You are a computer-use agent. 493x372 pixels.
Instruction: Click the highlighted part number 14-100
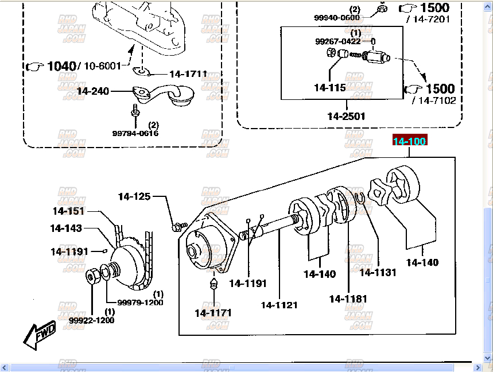point(409,141)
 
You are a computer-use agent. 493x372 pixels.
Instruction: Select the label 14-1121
point(279,305)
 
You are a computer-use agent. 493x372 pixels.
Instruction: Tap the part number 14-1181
point(348,299)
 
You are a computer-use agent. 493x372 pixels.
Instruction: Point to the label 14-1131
point(378,273)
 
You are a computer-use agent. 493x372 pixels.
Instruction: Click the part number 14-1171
point(213,313)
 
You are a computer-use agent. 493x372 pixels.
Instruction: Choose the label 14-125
point(134,197)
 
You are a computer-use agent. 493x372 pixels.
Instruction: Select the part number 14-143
point(66,228)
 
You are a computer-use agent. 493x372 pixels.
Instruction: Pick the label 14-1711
point(188,75)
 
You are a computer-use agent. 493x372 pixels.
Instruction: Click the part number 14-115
point(329,88)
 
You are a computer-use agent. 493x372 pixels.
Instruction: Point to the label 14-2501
point(346,116)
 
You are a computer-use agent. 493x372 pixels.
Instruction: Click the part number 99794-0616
point(135,133)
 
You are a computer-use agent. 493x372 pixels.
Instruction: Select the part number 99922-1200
point(92,320)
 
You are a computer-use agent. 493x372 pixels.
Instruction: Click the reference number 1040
point(61,66)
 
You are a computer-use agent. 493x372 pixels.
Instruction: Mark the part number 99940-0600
point(337,18)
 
